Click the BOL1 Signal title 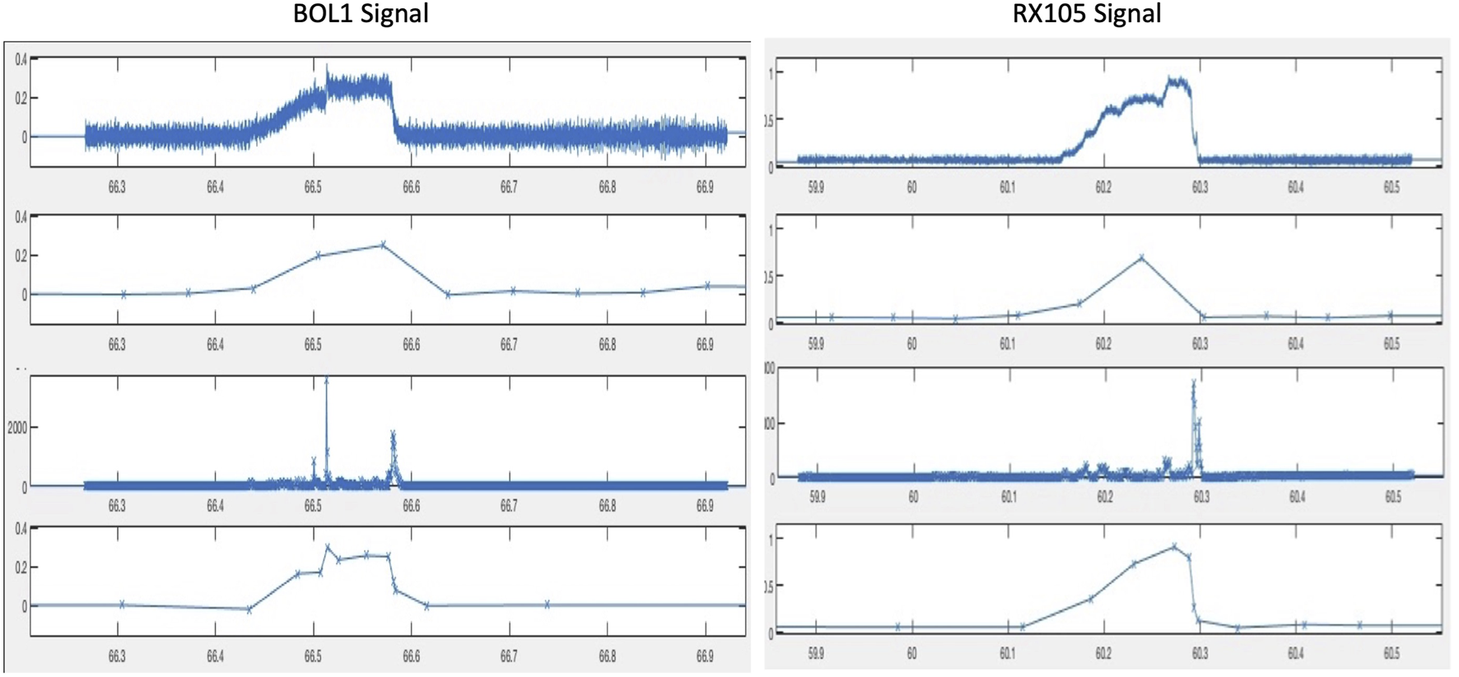(x=361, y=14)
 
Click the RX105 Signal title (x=1086, y=14)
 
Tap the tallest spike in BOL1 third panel (x=327, y=381)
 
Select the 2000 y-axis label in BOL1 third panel (x=17, y=427)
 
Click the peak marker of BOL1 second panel (x=383, y=245)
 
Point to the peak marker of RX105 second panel (x=1141, y=258)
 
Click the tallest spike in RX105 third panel (x=1193, y=384)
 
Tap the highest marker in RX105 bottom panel (x=1174, y=546)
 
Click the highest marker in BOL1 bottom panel (x=328, y=546)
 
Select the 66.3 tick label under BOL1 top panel (x=117, y=188)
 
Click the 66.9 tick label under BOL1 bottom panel (x=705, y=656)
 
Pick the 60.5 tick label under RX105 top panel (x=1391, y=188)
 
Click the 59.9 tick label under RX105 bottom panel (x=815, y=653)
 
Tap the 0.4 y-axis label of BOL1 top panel (x=21, y=59)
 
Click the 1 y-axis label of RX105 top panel (x=770, y=73)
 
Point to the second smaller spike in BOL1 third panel (x=393, y=434)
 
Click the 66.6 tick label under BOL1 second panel (x=411, y=345)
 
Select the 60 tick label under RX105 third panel (x=913, y=497)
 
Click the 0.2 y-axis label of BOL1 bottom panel (x=21, y=567)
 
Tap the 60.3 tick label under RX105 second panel (x=1200, y=343)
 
